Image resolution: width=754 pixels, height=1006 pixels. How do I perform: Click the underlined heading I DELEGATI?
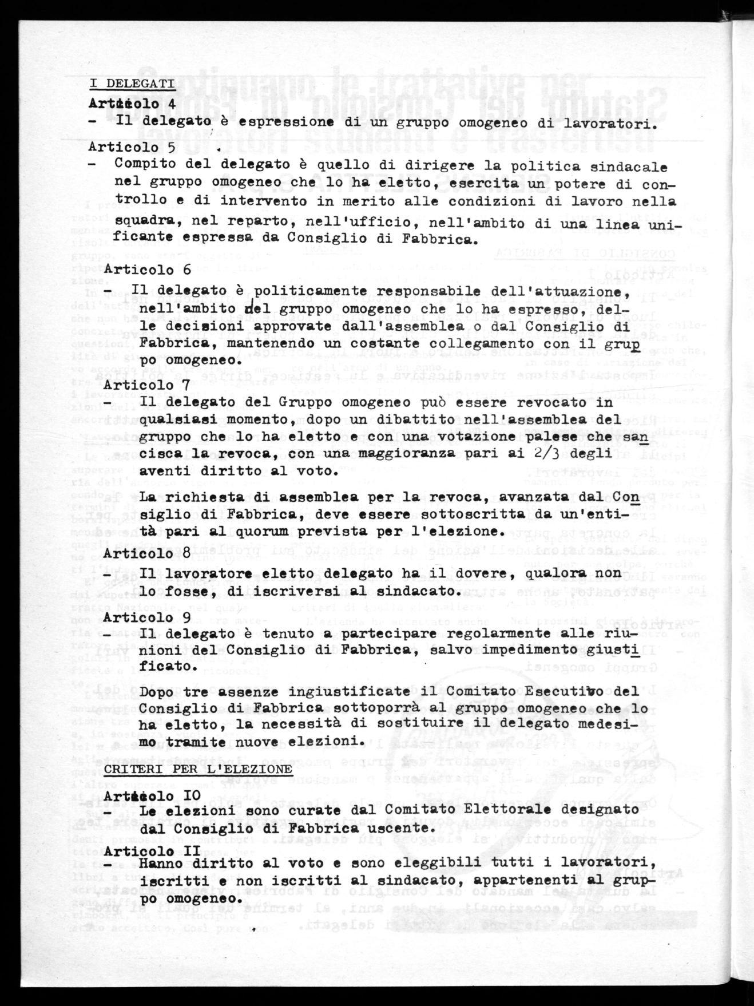pos(132,84)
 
